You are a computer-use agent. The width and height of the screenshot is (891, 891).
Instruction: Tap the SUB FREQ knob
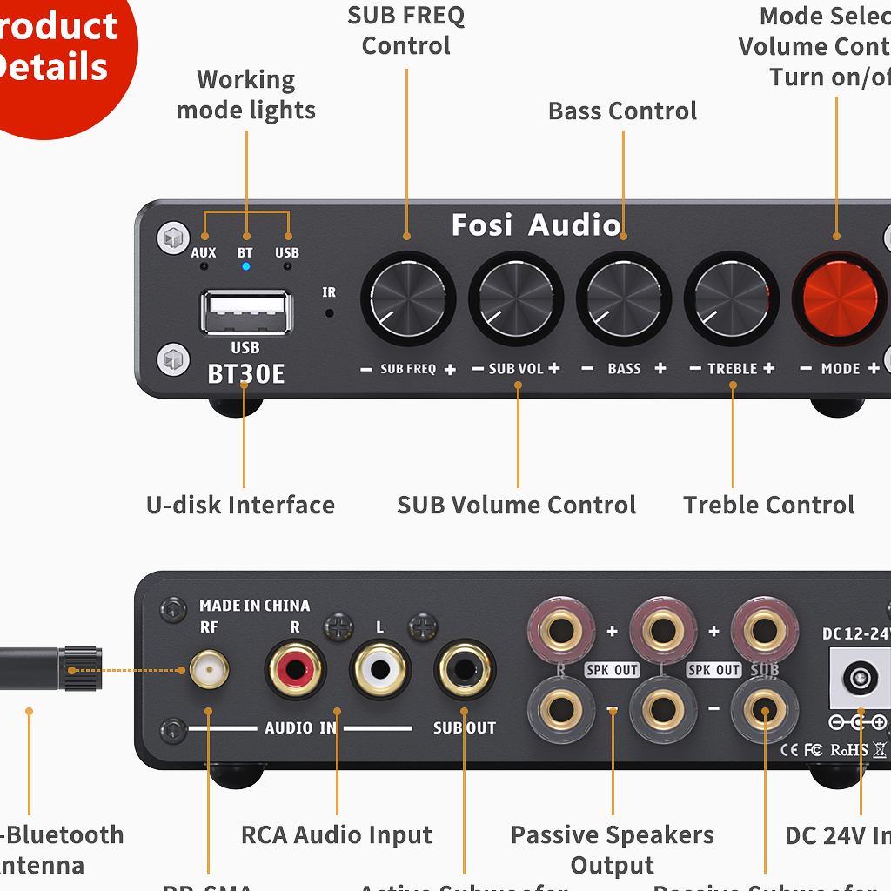[408, 300]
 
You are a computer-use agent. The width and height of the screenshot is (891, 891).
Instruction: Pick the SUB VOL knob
[516, 300]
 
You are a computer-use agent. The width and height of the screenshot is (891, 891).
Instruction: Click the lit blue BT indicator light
[246, 266]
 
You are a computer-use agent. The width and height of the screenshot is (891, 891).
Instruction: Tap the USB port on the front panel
[245, 312]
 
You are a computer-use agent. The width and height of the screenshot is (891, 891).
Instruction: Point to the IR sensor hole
[329, 312]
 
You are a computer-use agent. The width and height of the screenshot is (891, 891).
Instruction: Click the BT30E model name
[246, 374]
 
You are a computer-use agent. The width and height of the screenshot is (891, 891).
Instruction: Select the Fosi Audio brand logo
[536, 225]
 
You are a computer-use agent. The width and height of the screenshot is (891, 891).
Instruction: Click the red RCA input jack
[296, 669]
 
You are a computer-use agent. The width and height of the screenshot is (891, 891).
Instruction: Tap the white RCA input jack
[380, 669]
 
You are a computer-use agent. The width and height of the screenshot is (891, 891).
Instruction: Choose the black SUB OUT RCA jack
[465, 669]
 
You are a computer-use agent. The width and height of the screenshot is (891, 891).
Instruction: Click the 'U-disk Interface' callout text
[240, 506]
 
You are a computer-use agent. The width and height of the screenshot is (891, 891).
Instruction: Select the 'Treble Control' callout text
[769, 506]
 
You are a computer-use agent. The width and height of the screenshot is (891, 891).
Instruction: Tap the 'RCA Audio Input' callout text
[337, 835]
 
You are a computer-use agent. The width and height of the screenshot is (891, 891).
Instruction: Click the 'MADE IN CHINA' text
[254, 606]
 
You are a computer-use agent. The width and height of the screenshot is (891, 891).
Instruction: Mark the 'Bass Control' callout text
[623, 111]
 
